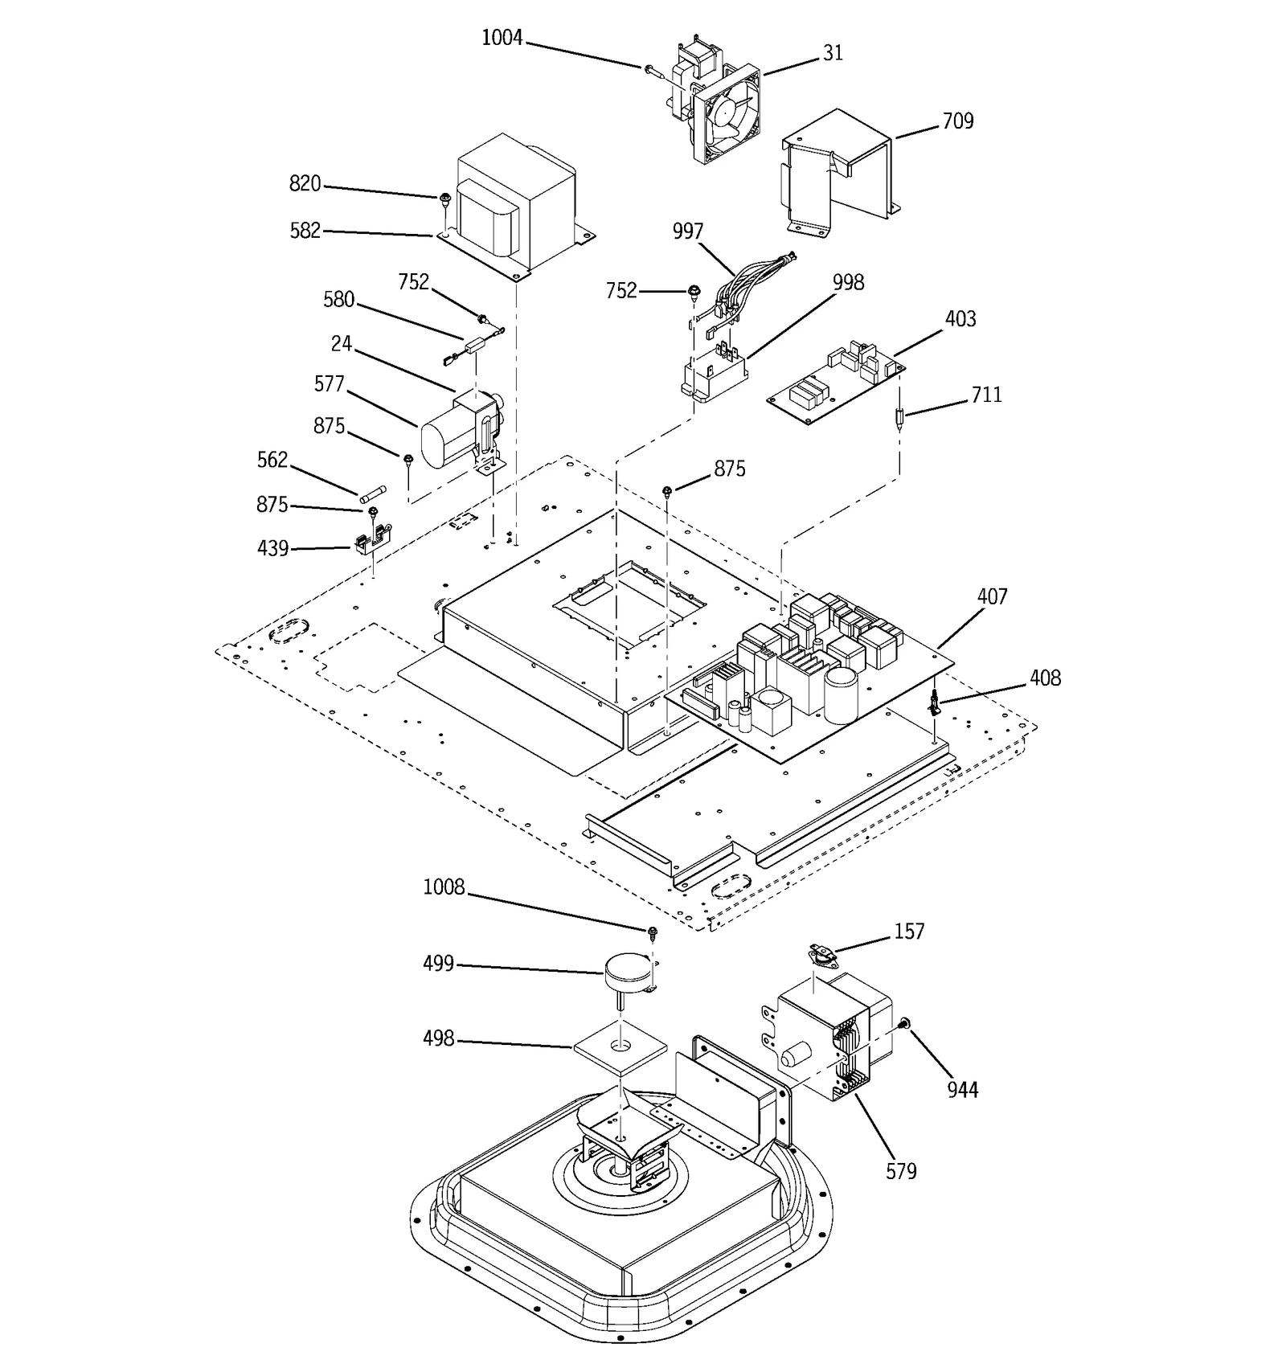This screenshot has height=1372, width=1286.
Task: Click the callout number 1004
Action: click(502, 38)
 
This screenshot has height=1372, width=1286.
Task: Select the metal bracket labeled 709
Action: click(840, 173)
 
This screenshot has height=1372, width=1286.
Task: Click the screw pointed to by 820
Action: click(444, 198)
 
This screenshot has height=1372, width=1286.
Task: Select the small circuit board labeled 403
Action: click(836, 382)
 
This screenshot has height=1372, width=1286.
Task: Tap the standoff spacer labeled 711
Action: click(899, 418)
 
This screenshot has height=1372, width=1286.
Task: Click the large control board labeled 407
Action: click(812, 675)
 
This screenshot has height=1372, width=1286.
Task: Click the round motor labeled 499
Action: click(629, 972)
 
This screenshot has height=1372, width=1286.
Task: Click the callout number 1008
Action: click(444, 887)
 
